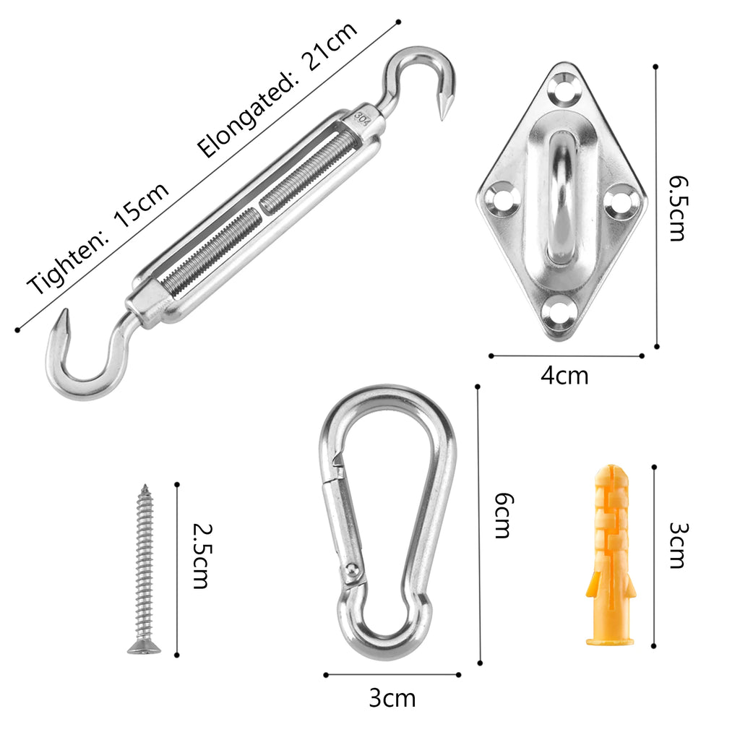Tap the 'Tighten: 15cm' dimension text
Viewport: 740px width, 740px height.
point(98,238)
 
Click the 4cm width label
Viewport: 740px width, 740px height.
point(564,376)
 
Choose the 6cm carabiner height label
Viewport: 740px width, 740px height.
point(503,515)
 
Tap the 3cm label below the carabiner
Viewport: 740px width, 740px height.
point(392,698)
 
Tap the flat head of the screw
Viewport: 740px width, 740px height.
point(144,648)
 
